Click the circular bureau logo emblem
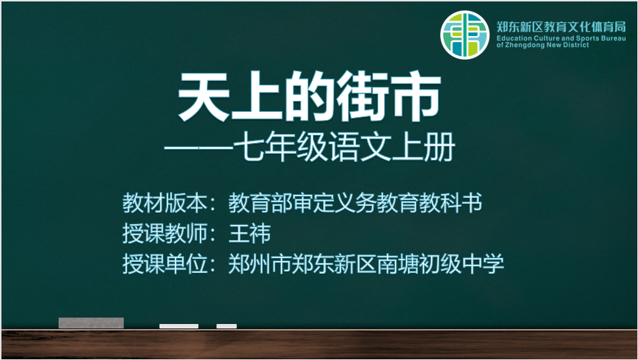point(464,35)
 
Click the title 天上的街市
point(310,96)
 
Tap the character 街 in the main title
point(363,96)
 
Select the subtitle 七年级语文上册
point(344,147)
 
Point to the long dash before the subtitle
point(199,147)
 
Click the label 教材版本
point(165,202)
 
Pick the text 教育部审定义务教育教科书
point(355,202)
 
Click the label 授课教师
point(165,233)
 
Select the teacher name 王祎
point(249,233)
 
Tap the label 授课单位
point(165,264)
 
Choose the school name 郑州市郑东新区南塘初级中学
point(366,264)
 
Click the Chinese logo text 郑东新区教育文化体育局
point(561,27)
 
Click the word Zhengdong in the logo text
point(525,45)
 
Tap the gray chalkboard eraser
point(91,323)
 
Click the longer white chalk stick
point(179,326)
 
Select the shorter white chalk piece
point(227,326)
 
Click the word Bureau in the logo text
point(614,38)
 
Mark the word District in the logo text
point(576,45)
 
